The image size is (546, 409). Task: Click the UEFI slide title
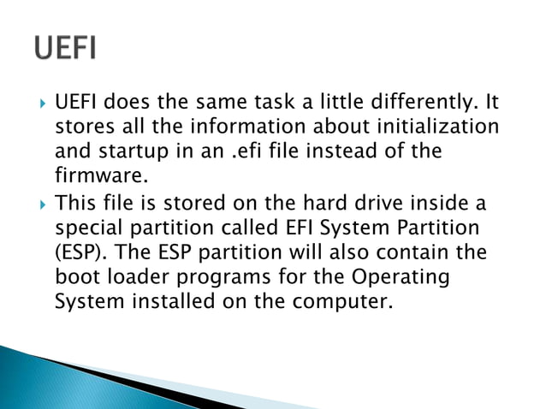(x=65, y=47)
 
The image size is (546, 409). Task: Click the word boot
(x=77, y=278)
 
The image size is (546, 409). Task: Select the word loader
(x=139, y=278)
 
